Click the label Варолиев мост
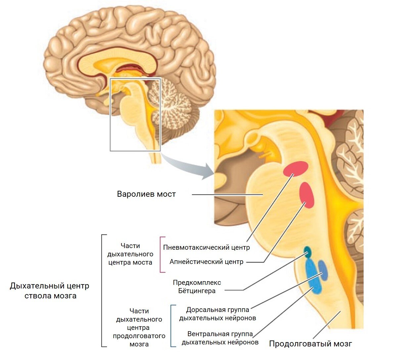(146, 194)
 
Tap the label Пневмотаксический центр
(206, 247)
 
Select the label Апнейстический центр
(206, 262)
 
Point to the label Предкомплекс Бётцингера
(197, 287)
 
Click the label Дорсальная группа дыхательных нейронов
(218, 314)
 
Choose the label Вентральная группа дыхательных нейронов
(220, 338)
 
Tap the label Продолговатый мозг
(310, 344)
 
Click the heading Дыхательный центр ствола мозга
(50, 290)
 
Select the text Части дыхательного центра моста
(130, 254)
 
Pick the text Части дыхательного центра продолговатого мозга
(139, 327)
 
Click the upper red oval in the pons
(295, 169)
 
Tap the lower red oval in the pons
(307, 195)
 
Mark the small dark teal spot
(308, 252)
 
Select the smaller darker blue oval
(323, 270)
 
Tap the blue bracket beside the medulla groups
(171, 326)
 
